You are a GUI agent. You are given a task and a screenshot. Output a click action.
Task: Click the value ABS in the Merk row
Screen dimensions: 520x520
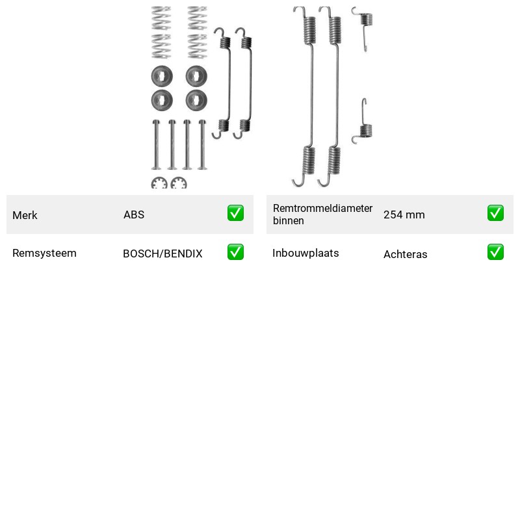[x=134, y=214]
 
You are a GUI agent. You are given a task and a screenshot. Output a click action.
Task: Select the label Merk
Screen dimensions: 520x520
[x=25, y=215]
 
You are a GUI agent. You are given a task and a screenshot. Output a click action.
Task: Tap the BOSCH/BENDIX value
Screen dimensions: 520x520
[x=162, y=253]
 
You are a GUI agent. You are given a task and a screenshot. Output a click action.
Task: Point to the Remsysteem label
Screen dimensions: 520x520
[x=44, y=253]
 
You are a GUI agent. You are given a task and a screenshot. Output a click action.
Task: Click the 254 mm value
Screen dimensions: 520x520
[x=404, y=214]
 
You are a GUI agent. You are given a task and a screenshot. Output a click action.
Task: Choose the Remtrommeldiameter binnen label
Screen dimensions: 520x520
[x=322, y=214]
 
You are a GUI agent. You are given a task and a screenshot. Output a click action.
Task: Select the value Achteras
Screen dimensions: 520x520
[x=405, y=254]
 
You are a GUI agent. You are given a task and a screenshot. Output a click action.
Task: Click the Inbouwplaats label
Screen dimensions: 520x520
[x=305, y=253]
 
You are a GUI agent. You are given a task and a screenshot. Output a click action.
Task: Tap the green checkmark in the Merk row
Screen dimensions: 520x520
[x=235, y=213]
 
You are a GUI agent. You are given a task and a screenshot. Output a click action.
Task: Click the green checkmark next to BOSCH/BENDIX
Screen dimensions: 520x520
[x=235, y=252]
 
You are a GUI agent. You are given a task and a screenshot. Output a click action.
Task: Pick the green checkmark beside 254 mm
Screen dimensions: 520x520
[x=495, y=213]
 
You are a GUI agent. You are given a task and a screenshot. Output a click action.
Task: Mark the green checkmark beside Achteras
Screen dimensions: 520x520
[x=495, y=252]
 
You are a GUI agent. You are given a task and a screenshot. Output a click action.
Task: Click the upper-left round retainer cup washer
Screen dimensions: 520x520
[x=162, y=76]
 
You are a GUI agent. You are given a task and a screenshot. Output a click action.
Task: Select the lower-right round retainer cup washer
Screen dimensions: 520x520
[x=196, y=100]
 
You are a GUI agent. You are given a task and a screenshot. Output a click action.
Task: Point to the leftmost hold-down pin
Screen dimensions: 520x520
[x=156, y=144]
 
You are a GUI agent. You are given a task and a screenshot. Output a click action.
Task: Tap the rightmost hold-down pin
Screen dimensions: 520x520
[x=202, y=144]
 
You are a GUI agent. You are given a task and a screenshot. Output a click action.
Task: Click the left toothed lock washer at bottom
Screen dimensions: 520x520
[x=159, y=183]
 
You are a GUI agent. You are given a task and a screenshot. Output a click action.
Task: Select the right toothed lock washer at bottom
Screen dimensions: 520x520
[x=179, y=183]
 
